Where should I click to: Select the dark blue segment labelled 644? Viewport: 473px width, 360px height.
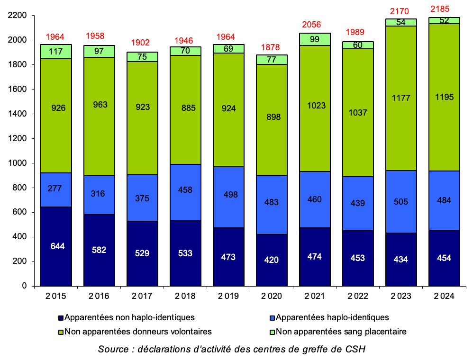click(x=56, y=246)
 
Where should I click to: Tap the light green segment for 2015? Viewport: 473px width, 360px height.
click(x=56, y=51)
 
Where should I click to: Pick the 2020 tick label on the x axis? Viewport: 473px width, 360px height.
click(x=271, y=296)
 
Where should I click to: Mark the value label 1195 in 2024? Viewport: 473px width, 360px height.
click(x=444, y=97)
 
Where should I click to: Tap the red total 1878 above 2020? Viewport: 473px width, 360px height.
click(x=271, y=47)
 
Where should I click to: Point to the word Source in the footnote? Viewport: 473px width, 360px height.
click(x=112, y=349)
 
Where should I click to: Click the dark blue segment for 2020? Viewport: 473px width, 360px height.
click(x=271, y=260)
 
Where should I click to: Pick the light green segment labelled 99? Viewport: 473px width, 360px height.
click(x=314, y=39)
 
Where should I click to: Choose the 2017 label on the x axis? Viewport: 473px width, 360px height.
click(x=142, y=296)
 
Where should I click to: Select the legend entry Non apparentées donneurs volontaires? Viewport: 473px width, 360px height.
click(x=138, y=332)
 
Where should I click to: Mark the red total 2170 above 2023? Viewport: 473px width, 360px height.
click(x=400, y=10)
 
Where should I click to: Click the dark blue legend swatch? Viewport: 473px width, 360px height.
click(x=61, y=318)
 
